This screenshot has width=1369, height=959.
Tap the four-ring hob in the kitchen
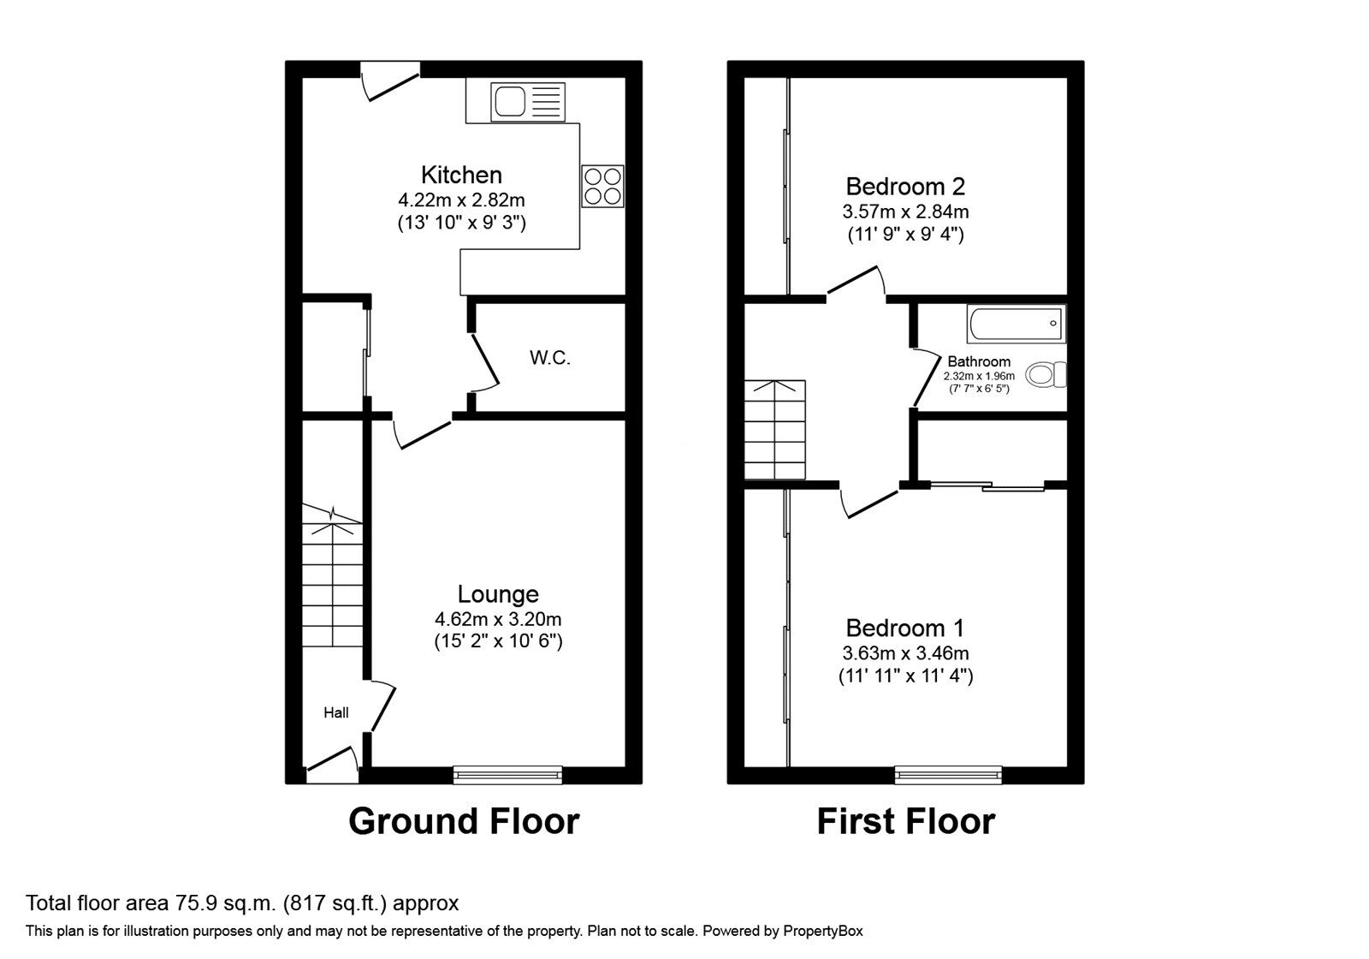click(602, 186)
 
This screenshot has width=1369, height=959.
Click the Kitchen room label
click(461, 175)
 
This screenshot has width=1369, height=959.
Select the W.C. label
click(549, 358)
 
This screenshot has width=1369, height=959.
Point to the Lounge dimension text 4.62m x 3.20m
click(498, 619)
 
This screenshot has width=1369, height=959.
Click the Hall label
click(335, 712)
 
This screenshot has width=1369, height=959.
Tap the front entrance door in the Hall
click(332, 765)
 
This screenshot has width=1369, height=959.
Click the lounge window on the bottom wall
click(507, 775)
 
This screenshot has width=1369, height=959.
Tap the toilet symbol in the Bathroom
click(1046, 374)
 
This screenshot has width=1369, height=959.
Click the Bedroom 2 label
click(905, 186)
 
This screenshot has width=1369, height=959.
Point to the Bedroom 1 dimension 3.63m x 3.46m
click(905, 653)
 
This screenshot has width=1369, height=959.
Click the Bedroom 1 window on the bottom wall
click(948, 775)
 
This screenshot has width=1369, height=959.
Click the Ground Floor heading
click(464, 821)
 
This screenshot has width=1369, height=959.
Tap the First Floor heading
click(905, 821)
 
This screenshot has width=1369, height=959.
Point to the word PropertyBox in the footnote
click(823, 931)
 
